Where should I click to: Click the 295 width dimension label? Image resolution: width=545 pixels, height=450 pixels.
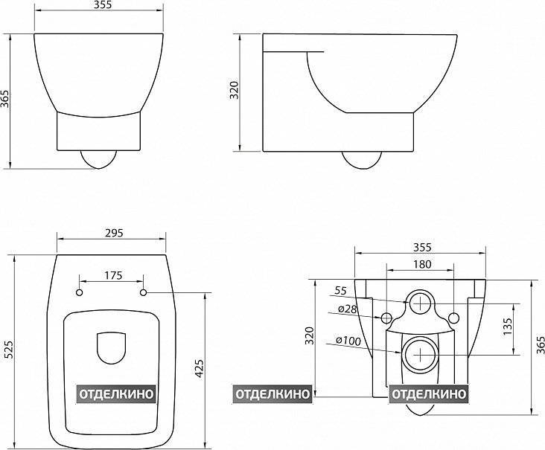coord(114,233)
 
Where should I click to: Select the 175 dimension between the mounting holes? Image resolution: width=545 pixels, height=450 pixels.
coord(113,275)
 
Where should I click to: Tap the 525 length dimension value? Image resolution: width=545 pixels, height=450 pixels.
coord(7,350)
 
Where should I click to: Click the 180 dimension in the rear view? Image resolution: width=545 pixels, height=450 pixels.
coord(422,264)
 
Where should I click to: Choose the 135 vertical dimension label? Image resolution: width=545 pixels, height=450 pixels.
coord(507,327)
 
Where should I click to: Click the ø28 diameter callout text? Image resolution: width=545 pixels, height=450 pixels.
coord(348,309)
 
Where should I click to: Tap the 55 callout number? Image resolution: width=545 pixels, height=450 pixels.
coord(341,291)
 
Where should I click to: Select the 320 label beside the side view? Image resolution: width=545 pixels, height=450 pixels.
coord(235,90)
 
